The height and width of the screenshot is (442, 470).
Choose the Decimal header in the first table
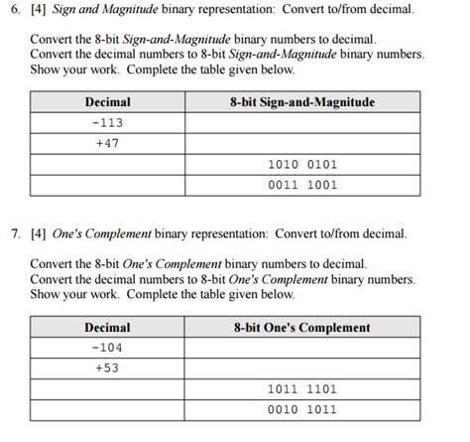tap(107, 101)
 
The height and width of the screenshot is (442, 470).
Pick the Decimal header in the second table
tap(107, 327)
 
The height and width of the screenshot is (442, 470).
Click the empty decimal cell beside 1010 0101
tap(107, 164)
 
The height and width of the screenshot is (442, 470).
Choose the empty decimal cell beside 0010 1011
tap(107, 409)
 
